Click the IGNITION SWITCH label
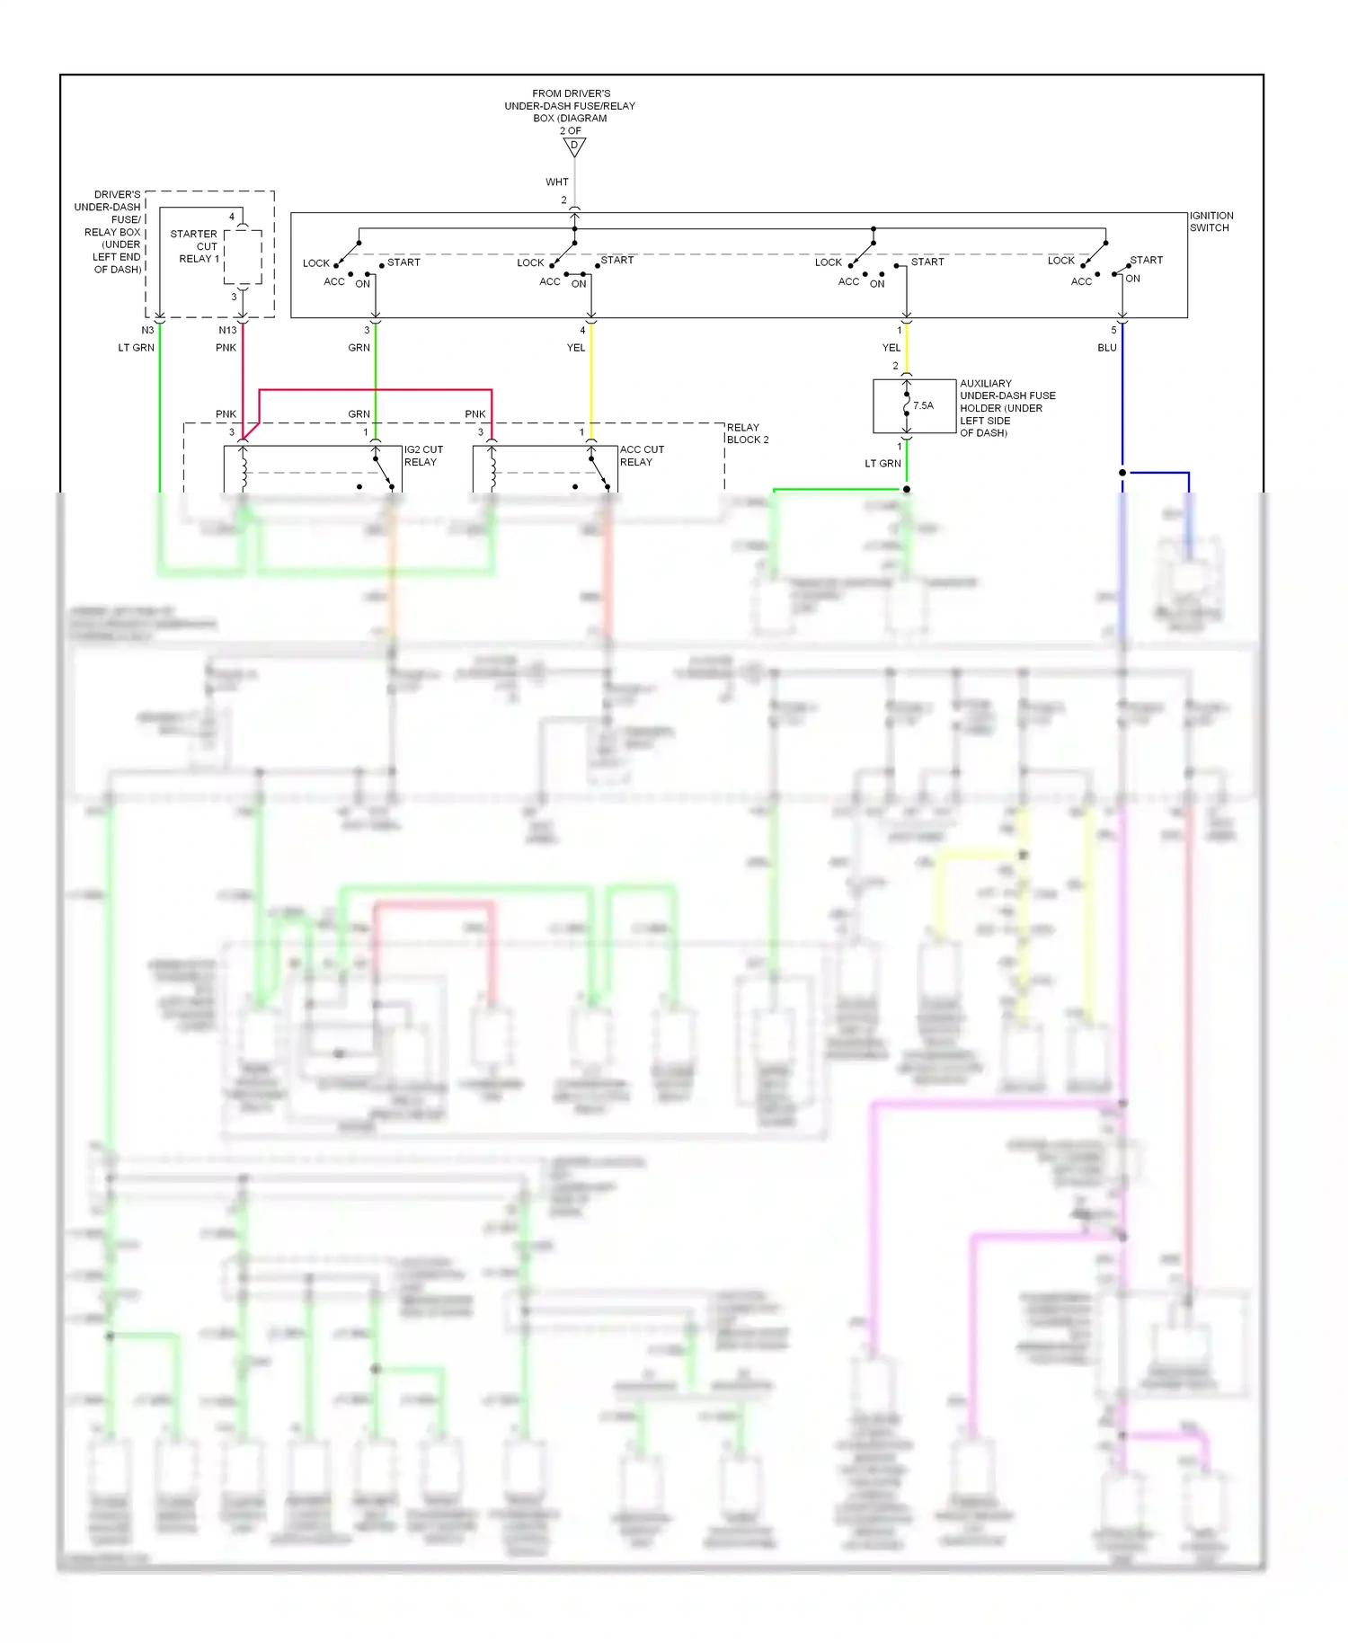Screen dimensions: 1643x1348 pyautogui.click(x=1211, y=222)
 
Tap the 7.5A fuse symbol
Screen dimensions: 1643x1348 pyautogui.click(x=907, y=405)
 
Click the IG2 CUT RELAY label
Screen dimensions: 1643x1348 pyautogui.click(x=422, y=456)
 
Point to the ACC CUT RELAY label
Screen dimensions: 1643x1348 pyautogui.click(x=641, y=456)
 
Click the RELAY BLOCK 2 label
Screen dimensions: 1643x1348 pyautogui.click(x=747, y=434)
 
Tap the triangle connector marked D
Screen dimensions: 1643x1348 pyautogui.click(x=574, y=147)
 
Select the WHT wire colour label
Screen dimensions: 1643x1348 pyautogui.click(x=556, y=182)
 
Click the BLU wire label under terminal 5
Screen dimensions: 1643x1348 pyautogui.click(x=1106, y=348)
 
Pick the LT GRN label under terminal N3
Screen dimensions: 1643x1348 pyautogui.click(x=137, y=348)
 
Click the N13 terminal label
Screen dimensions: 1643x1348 pyautogui.click(x=227, y=331)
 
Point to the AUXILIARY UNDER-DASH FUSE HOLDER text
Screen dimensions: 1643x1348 pyautogui.click(x=1006, y=408)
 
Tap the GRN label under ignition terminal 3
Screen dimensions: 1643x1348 pyautogui.click(x=359, y=348)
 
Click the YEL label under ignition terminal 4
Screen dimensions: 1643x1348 pyautogui.click(x=575, y=348)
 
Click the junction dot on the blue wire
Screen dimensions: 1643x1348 pyautogui.click(x=1122, y=473)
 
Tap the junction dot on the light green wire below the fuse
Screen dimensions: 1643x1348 pyautogui.click(x=907, y=490)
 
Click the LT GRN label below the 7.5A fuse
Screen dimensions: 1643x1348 pyautogui.click(x=882, y=464)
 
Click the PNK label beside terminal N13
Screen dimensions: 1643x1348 pyautogui.click(x=226, y=348)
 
